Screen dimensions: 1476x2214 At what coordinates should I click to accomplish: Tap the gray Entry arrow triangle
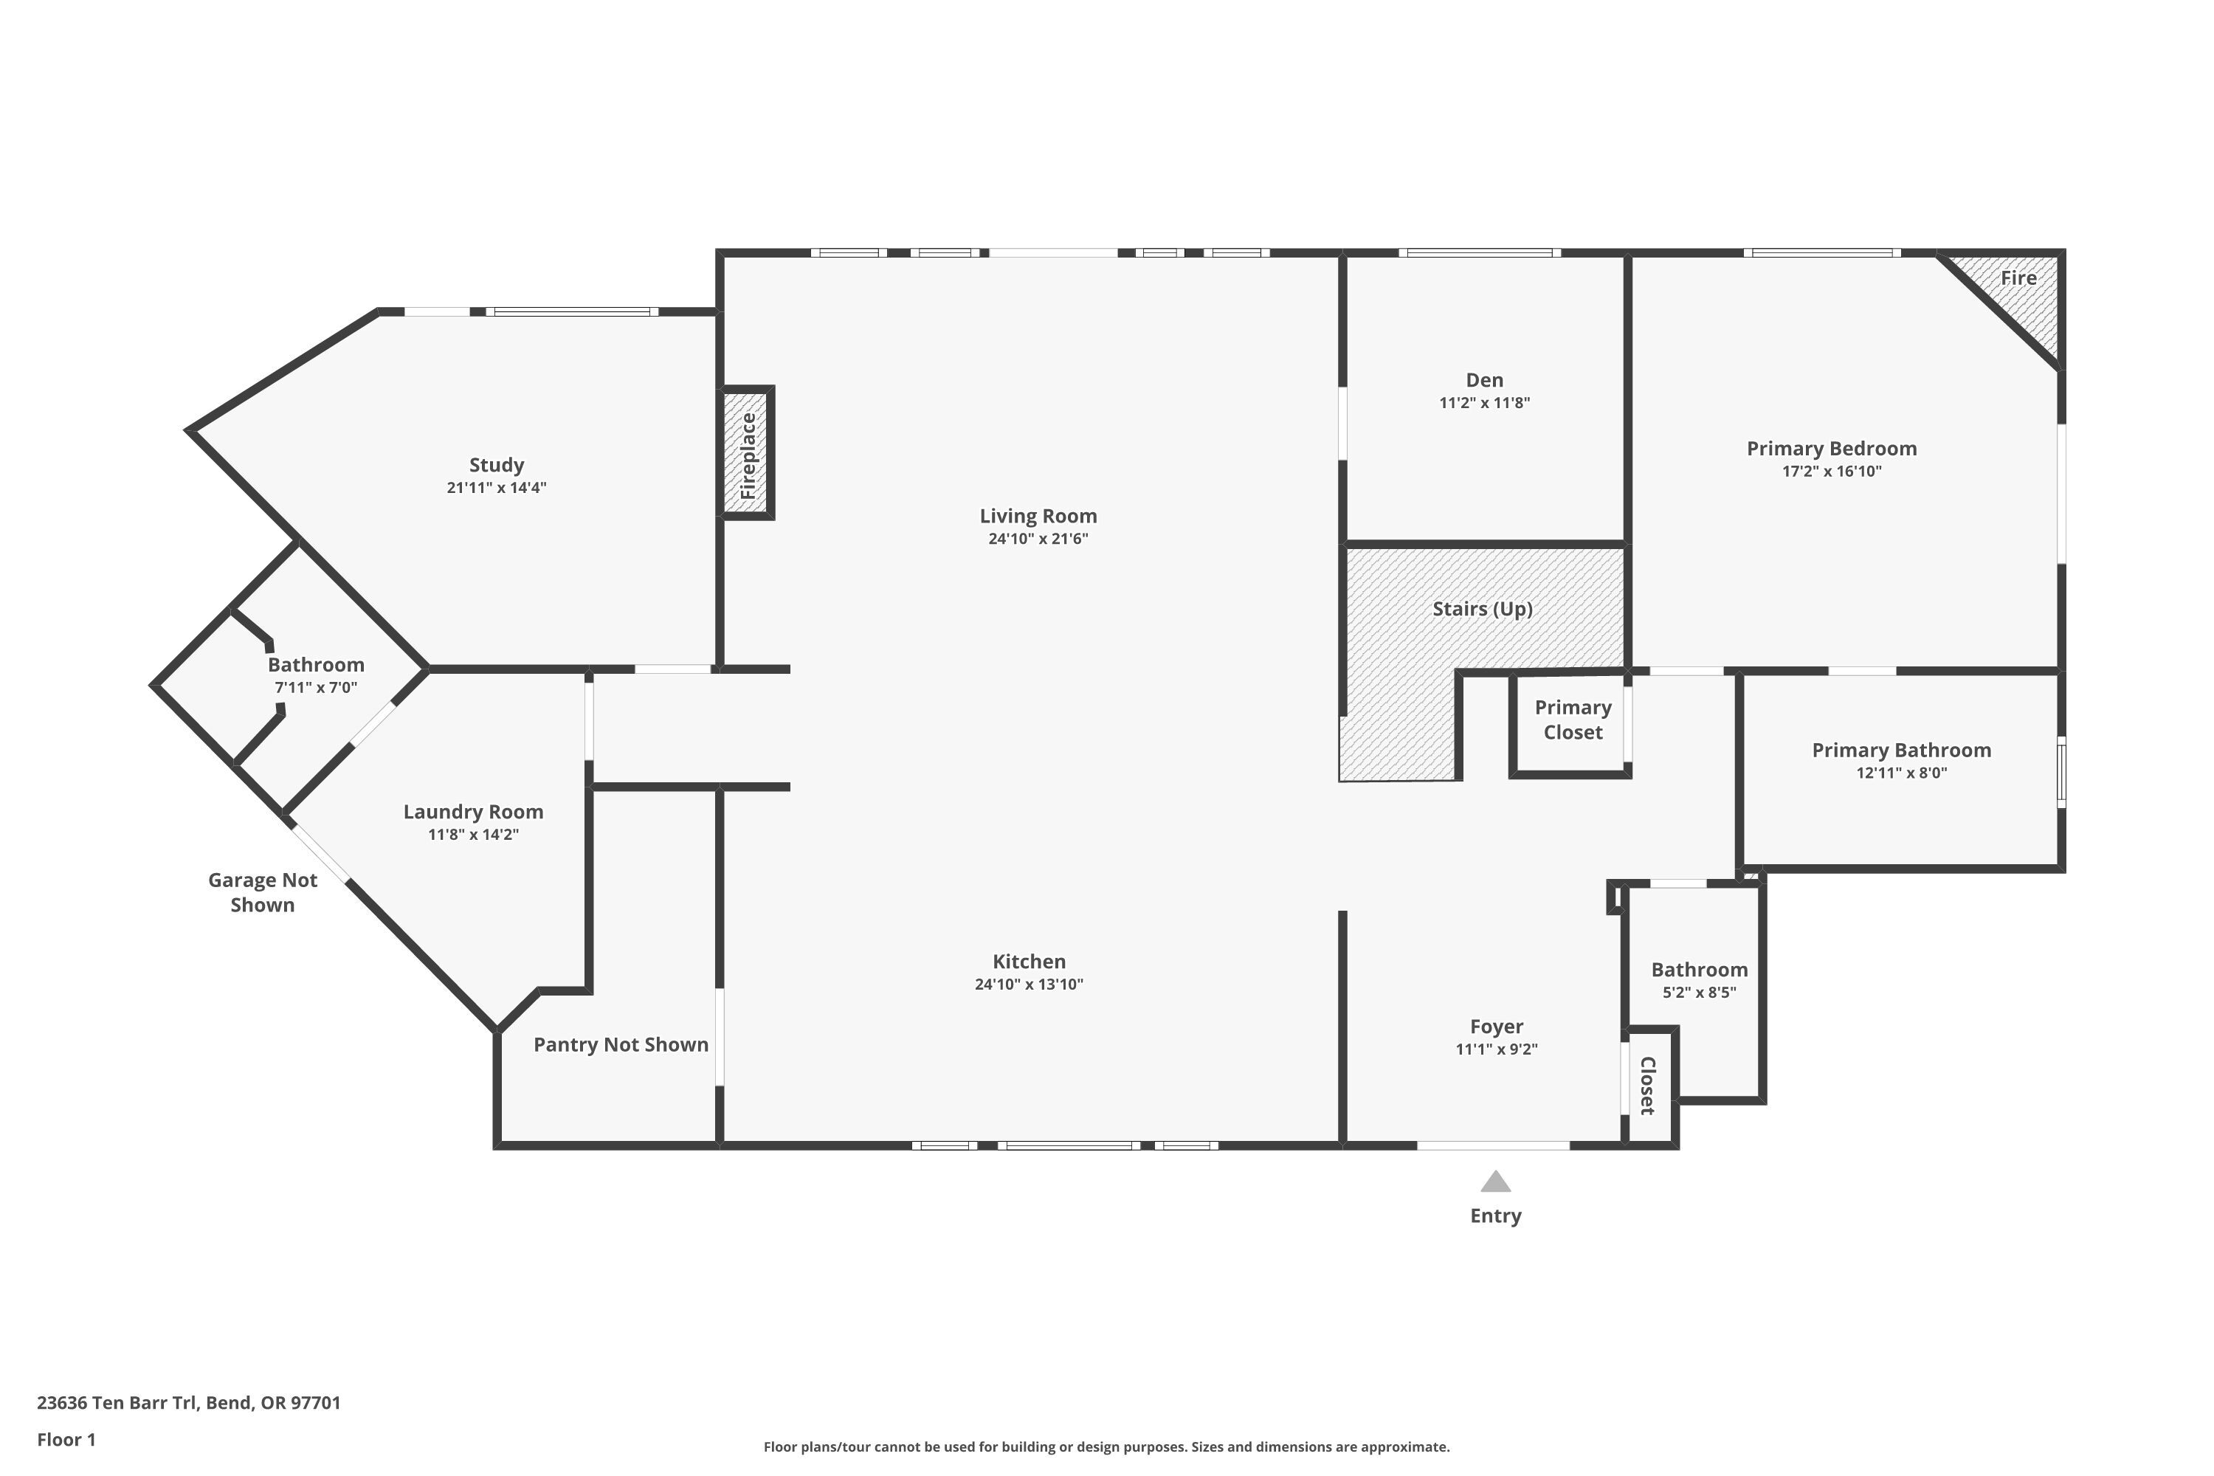click(1495, 1182)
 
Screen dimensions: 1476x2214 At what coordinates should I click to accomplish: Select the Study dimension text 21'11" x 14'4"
click(496, 488)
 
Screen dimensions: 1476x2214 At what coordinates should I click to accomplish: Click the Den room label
click(1484, 380)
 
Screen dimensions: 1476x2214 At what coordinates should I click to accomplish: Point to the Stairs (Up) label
click(1483, 609)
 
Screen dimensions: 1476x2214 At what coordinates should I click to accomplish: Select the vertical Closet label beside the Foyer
click(1647, 1086)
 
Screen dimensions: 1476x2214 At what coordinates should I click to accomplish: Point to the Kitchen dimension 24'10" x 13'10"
click(1029, 984)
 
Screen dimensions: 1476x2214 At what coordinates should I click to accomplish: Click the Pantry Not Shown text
click(621, 1045)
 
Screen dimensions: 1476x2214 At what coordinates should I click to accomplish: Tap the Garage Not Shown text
click(263, 892)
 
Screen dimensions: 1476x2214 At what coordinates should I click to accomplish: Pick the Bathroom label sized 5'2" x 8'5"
click(1699, 970)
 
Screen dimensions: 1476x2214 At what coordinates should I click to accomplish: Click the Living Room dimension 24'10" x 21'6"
click(1038, 539)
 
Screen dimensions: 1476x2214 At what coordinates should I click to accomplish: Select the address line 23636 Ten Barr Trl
click(188, 1403)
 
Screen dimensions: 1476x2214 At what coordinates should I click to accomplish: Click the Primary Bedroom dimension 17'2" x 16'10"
click(1831, 472)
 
